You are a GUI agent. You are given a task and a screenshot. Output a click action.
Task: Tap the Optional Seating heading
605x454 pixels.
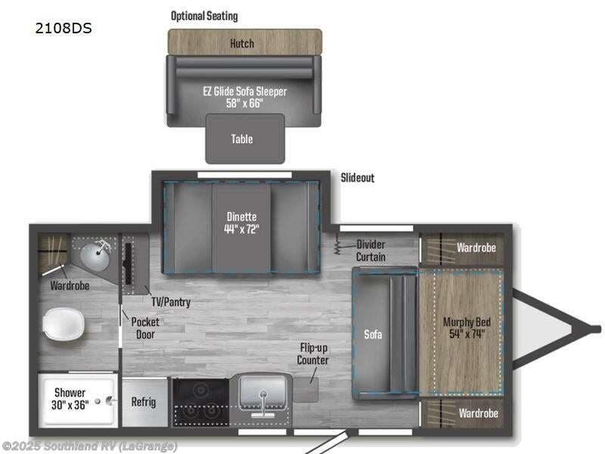click(x=203, y=16)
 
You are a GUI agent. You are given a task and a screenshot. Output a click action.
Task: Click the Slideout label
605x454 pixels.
click(x=358, y=178)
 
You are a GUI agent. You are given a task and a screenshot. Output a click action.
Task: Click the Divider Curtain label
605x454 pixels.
click(x=371, y=250)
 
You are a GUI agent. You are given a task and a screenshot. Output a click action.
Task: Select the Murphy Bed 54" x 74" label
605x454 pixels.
click(x=467, y=328)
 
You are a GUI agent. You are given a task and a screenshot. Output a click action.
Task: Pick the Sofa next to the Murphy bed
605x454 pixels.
click(x=371, y=333)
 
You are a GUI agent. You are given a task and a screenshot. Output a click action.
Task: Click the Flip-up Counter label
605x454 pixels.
click(x=313, y=354)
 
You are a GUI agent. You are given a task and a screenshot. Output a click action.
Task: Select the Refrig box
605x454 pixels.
click(x=143, y=402)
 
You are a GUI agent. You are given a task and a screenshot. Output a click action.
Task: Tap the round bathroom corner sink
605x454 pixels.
click(x=97, y=253)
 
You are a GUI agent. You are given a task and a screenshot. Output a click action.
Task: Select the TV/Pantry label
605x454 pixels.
click(x=169, y=302)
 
